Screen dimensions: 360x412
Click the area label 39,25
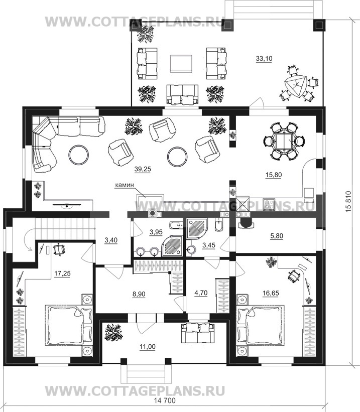point(143,169)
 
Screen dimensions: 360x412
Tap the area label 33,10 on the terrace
point(264,59)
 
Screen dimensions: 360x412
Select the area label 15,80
point(274,175)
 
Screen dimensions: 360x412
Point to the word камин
point(125,185)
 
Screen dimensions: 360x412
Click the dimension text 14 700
point(165,400)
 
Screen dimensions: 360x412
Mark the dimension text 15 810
point(348,202)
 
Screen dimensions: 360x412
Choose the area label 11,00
point(148,347)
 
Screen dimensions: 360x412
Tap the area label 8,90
point(139,294)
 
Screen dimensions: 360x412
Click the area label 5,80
point(277,236)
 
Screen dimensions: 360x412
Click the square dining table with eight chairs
point(284,142)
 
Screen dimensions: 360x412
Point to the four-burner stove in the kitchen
point(269,204)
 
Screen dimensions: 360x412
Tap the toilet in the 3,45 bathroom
point(218,225)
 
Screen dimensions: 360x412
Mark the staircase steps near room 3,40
point(65,230)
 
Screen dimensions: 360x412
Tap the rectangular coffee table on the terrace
point(181,63)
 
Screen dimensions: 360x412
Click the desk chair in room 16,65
point(293,276)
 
